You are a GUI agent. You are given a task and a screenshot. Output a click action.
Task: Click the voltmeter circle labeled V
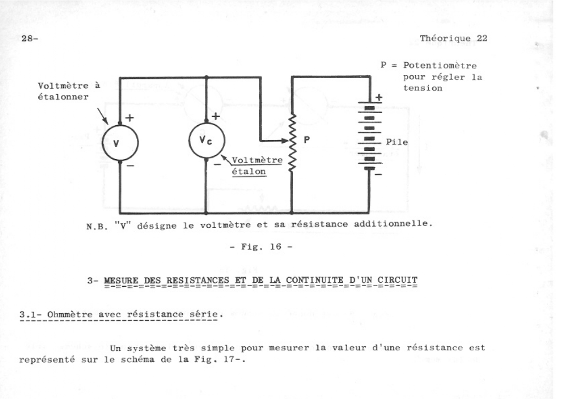click(x=120, y=143)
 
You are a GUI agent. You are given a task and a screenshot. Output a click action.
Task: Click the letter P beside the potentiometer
click(x=307, y=140)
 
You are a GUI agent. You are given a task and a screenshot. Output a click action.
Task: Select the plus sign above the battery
click(x=379, y=97)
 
